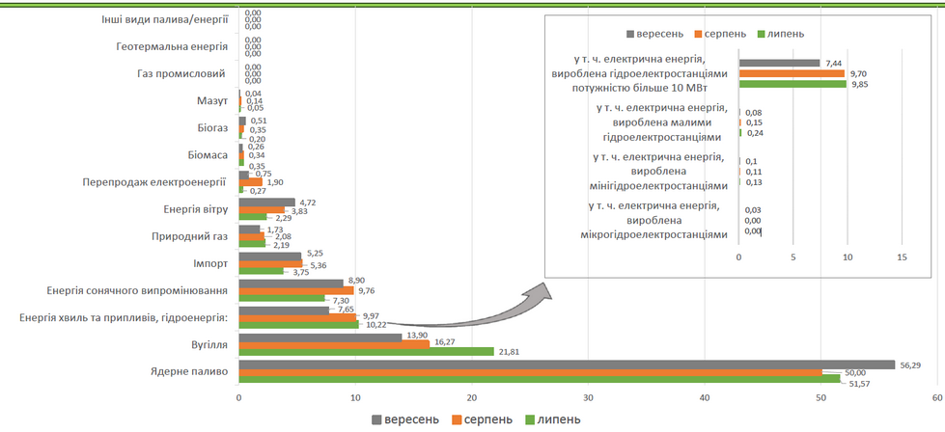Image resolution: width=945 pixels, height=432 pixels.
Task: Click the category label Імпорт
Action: pyautogui.click(x=204, y=263)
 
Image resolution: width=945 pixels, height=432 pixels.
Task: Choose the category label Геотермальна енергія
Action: pyautogui.click(x=171, y=46)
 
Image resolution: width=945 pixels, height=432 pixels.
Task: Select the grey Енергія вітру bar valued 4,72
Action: pyautogui.click(x=265, y=202)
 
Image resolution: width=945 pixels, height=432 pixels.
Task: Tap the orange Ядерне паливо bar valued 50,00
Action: pyautogui.click(x=529, y=372)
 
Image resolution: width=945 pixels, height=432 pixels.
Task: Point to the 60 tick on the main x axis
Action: pyautogui.click(x=937, y=397)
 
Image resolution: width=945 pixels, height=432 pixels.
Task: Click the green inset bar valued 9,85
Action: pyautogui.click(x=792, y=84)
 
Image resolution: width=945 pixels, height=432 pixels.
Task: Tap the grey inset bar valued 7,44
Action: pyautogui.click(x=779, y=64)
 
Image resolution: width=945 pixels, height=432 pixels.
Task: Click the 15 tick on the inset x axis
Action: pyautogui.click(x=903, y=257)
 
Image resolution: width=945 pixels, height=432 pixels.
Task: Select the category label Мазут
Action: pyautogui.click(x=210, y=100)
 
